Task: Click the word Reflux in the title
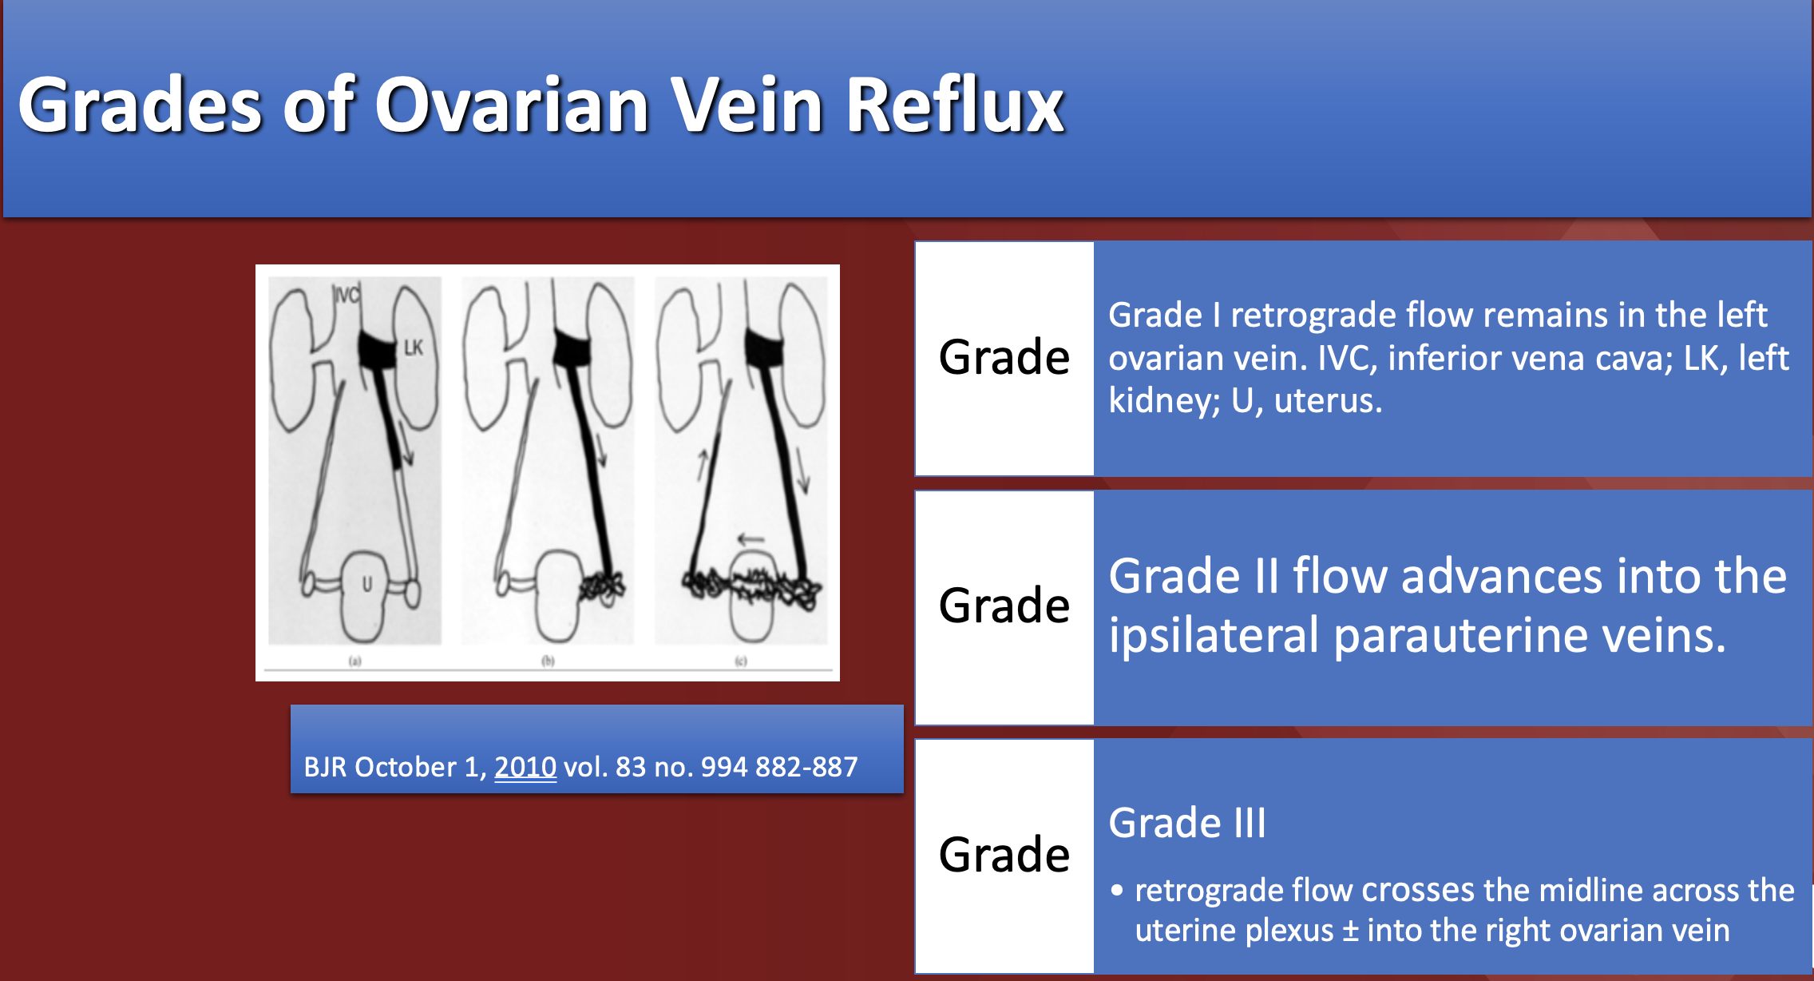pyautogui.click(x=954, y=105)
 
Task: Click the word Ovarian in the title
pyautogui.click(x=511, y=105)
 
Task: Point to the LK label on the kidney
pyautogui.click(x=413, y=348)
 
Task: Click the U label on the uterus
pyautogui.click(x=367, y=584)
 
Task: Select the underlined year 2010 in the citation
pyautogui.click(x=525, y=767)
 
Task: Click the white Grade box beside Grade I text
pyautogui.click(x=1004, y=357)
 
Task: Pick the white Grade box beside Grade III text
pyautogui.click(x=1004, y=855)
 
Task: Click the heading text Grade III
pyautogui.click(x=1186, y=823)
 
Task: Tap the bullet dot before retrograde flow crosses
pyautogui.click(x=1117, y=890)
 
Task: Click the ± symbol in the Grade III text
pyautogui.click(x=1350, y=931)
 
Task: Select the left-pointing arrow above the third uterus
pyautogui.click(x=751, y=539)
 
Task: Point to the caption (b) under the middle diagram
pyautogui.click(x=548, y=661)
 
